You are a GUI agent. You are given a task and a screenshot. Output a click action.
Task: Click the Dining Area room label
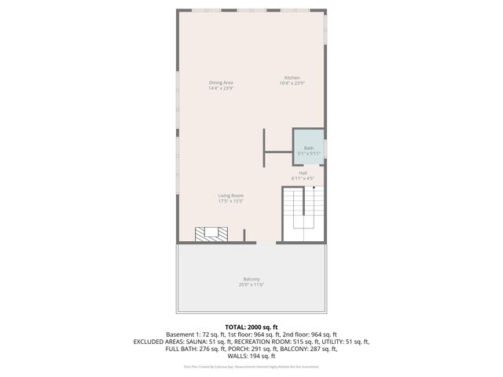coord(221,82)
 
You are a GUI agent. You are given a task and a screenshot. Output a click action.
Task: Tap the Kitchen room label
coord(292,78)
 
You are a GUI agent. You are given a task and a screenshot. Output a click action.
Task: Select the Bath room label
coord(308,148)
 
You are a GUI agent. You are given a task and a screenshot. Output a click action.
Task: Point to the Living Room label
coord(230,196)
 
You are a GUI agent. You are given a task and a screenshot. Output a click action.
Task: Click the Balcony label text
coord(251,279)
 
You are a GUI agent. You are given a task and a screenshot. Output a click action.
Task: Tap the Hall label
coord(303,173)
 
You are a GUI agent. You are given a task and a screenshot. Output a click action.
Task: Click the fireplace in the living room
coord(212,234)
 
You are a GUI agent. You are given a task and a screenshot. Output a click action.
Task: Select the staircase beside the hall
coord(303,216)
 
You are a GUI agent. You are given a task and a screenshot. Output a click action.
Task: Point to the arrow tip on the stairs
coord(314,188)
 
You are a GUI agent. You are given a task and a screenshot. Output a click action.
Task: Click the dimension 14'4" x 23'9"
coord(221,88)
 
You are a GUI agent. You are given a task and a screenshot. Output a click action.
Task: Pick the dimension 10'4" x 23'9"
coord(292,83)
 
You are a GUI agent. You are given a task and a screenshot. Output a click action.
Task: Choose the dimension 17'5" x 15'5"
coord(230,202)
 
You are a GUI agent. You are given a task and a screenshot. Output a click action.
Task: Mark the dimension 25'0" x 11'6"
coord(251,284)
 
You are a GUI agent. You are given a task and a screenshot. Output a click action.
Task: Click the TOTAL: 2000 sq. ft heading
coord(251,327)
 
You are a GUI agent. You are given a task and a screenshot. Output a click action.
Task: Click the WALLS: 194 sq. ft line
coord(251,357)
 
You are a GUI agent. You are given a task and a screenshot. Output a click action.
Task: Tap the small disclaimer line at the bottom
coord(251,366)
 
